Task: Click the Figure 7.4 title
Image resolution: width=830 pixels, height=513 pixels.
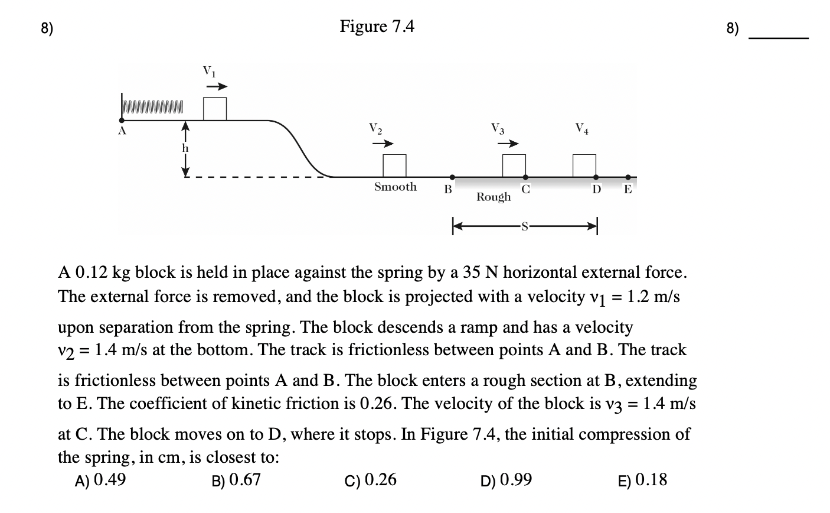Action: pos(377,27)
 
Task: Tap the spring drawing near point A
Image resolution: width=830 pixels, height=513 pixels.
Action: pos(152,106)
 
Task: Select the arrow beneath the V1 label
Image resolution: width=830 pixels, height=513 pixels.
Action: pos(215,86)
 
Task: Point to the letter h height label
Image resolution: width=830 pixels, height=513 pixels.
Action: pos(185,148)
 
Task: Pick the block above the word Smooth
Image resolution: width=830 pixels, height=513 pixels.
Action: pos(394,165)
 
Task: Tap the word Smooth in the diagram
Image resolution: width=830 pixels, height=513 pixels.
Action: pos(395,187)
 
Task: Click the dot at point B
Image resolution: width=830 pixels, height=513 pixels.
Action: pos(452,177)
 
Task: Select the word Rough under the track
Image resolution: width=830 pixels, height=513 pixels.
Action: pos(494,197)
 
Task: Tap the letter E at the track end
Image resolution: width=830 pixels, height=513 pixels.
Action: pos(628,189)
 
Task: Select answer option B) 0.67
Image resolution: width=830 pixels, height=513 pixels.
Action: pos(236,480)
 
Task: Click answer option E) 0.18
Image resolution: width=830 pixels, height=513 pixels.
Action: pos(642,480)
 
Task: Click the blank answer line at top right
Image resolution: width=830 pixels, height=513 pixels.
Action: pos(778,38)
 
